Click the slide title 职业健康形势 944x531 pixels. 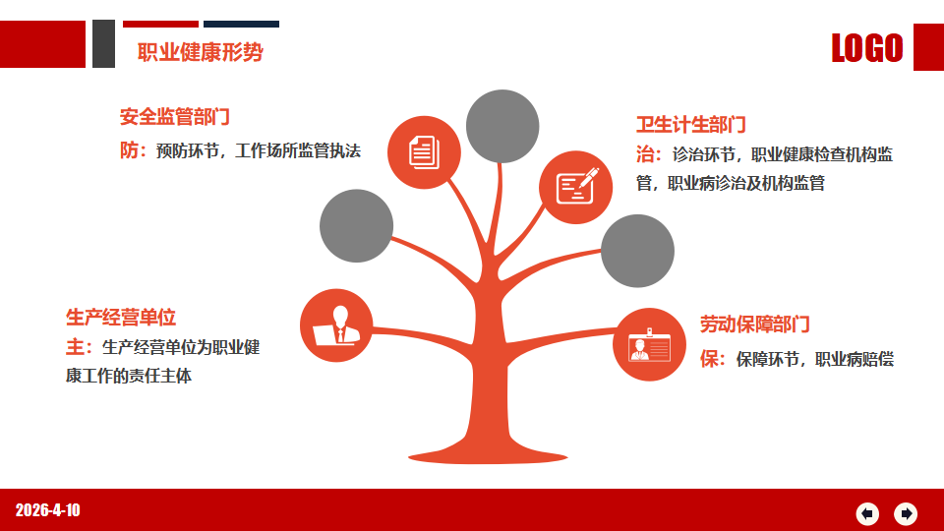point(200,52)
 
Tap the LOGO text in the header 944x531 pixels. point(867,48)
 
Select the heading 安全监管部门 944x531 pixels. point(175,117)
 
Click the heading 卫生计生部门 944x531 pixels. point(691,125)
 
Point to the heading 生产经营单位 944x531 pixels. point(120,318)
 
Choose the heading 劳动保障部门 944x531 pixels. point(754,324)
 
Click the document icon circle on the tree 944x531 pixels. point(424,152)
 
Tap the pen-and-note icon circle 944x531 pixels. point(575,187)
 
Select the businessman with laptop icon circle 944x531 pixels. point(336,325)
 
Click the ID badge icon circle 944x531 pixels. point(649,345)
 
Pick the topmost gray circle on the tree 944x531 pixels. point(502,127)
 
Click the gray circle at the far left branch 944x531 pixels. point(356,226)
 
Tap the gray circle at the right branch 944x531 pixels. point(637,251)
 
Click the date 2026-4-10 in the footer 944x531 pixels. point(47,510)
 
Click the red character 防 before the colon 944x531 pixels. point(130,150)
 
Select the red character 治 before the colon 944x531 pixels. point(645,154)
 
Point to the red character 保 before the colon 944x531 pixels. point(709,360)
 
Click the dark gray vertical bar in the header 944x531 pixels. point(103,44)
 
